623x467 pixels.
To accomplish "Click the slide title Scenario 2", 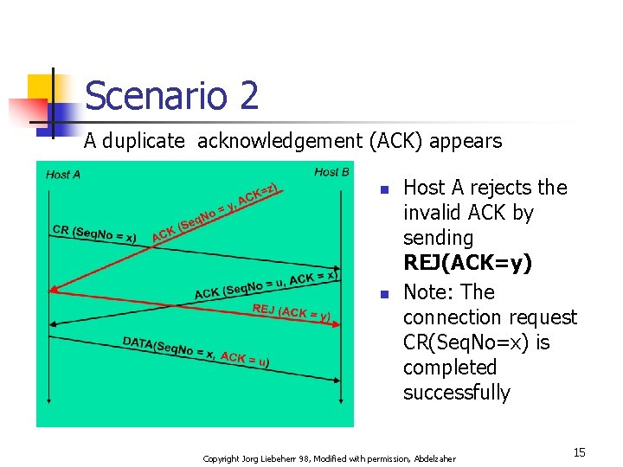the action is click(171, 95).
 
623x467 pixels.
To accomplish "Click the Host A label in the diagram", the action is click(63, 175).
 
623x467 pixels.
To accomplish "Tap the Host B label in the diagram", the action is click(331, 172).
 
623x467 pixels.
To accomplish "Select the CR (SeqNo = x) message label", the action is click(94, 233).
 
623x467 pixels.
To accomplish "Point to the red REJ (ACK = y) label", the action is click(291, 312).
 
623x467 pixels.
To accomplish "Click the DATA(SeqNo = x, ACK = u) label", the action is click(195, 352).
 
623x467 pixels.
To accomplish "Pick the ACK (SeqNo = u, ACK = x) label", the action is click(265, 285).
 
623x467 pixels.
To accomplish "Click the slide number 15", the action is click(579, 452).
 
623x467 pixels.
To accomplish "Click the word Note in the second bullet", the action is click(427, 292).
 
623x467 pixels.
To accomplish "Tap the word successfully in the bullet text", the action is click(456, 393).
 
